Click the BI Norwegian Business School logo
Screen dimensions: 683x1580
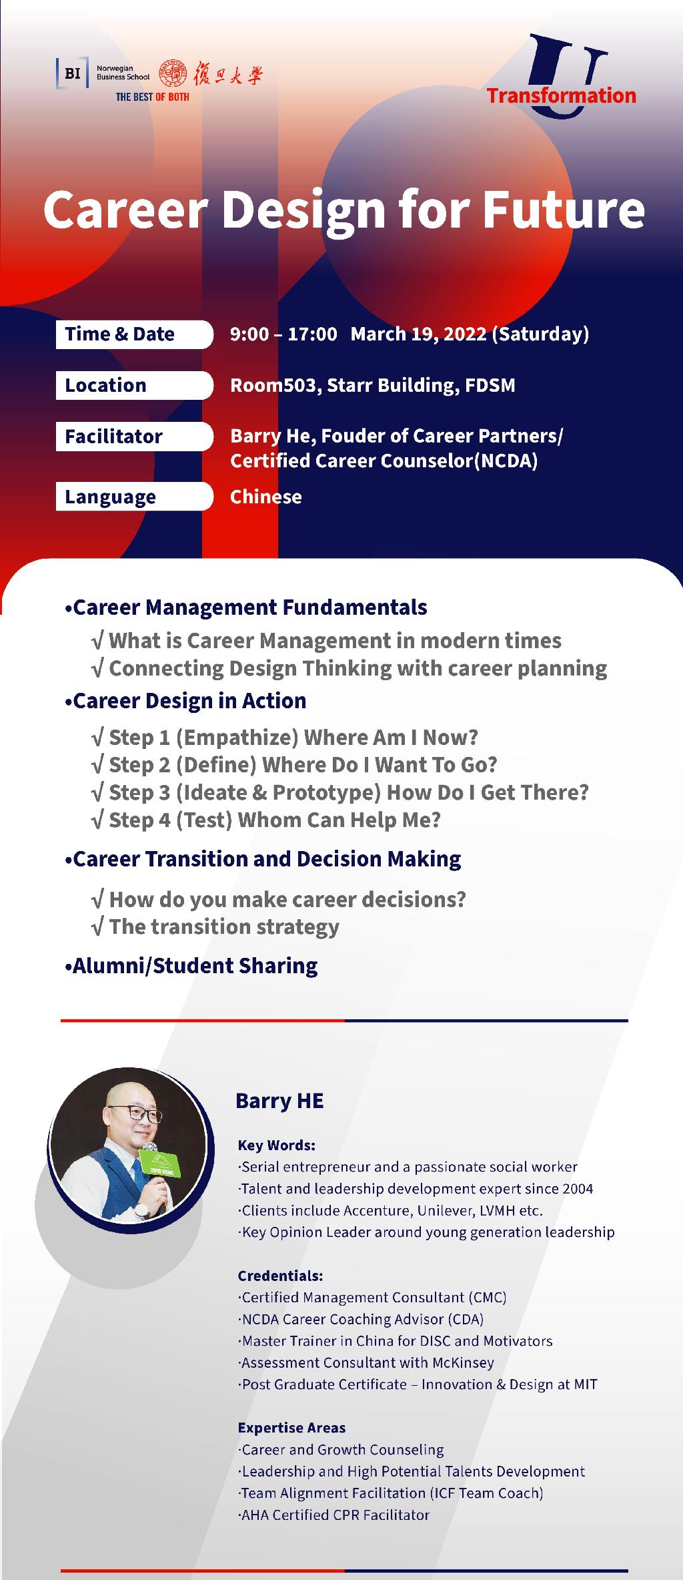point(103,73)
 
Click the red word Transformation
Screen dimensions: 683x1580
point(561,95)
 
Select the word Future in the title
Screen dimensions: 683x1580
point(562,210)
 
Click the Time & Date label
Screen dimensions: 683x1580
point(119,334)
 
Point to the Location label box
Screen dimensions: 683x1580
point(134,385)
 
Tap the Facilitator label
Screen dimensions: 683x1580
point(113,437)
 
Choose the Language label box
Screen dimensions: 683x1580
point(134,497)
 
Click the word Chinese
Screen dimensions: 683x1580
point(265,497)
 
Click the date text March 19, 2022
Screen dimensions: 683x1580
point(418,334)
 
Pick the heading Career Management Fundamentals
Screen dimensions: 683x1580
point(246,607)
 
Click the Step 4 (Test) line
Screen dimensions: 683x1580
point(266,820)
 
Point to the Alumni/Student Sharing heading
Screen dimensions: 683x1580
point(191,966)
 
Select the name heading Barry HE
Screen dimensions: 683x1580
point(279,1101)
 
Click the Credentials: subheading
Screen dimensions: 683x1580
point(280,1276)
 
